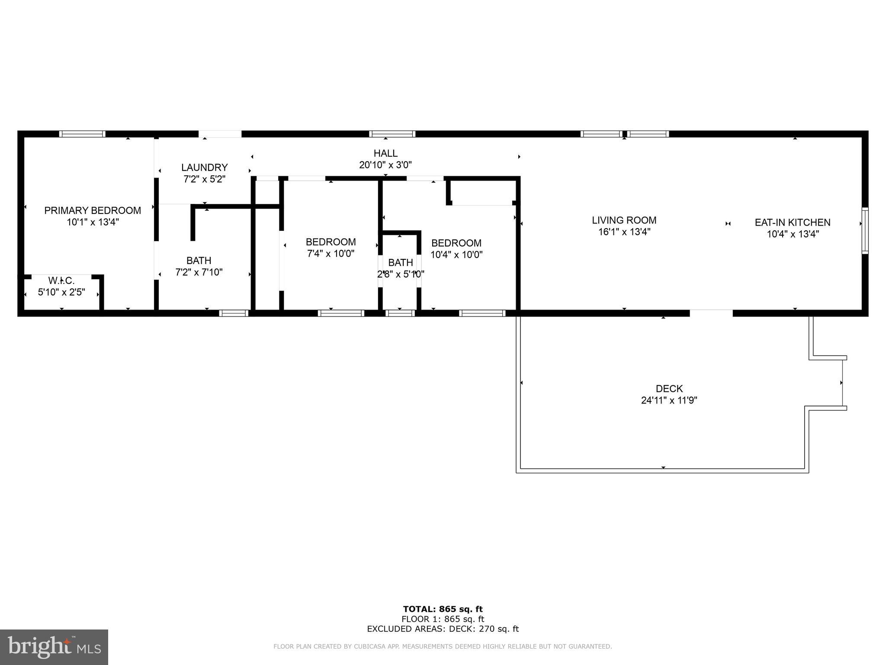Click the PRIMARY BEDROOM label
pos(93,210)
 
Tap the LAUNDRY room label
pos(204,168)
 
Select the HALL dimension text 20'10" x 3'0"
pos(385,165)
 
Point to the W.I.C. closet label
pos(61,281)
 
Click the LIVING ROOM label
pos(624,220)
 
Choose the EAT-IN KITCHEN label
pos(792,223)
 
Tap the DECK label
pos(669,389)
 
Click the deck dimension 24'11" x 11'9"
pos(669,400)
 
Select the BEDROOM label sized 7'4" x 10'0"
pos(331,242)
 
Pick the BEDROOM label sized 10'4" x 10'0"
pos(456,243)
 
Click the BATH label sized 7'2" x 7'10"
pos(199,261)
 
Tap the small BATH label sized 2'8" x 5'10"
pos(400,262)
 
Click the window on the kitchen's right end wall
pos(864,231)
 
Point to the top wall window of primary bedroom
pos(82,134)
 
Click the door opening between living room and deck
pos(711,313)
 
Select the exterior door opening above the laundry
pos(220,134)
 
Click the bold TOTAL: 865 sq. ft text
pos(443,609)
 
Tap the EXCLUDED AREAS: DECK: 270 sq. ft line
pos(443,629)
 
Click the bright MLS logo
pos(54,647)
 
